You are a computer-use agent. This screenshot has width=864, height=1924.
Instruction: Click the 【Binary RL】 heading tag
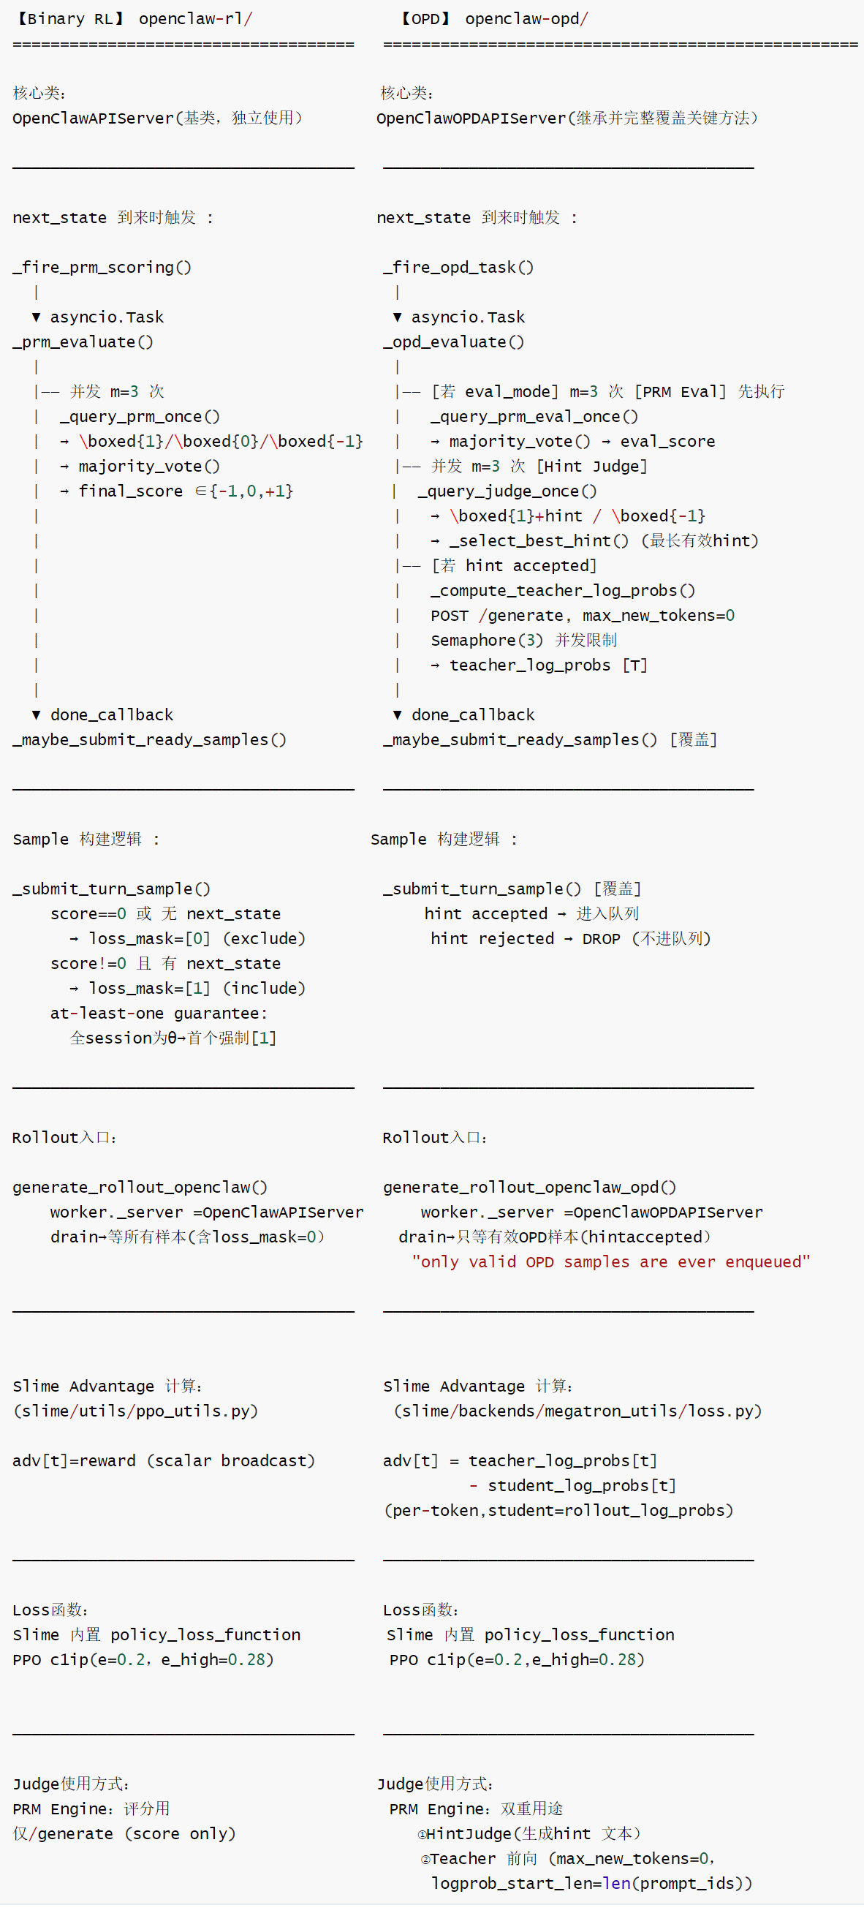pyautogui.click(x=69, y=19)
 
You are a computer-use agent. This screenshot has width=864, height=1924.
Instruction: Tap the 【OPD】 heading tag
pyautogui.click(x=425, y=19)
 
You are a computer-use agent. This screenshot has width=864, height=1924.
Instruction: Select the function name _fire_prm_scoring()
pyautogui.click(x=102, y=268)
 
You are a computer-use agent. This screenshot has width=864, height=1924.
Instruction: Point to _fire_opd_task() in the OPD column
pyautogui.click(x=458, y=268)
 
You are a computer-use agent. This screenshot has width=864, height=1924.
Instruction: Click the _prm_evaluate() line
pyautogui.click(x=83, y=342)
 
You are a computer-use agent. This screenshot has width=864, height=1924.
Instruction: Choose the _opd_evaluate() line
pyautogui.click(x=454, y=342)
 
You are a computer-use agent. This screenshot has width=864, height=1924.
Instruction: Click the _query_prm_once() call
pyautogui.click(x=140, y=417)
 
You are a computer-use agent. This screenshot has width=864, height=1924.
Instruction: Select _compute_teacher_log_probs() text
pyautogui.click(x=563, y=591)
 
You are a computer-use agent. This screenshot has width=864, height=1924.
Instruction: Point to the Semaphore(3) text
pyautogui.click(x=487, y=640)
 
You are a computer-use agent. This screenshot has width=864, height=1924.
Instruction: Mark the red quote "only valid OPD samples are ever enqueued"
pyautogui.click(x=611, y=1262)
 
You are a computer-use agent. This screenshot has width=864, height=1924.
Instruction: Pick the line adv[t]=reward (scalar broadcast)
pyautogui.click(x=164, y=1461)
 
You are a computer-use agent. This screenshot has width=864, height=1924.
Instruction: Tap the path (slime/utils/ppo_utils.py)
pyautogui.click(x=136, y=1411)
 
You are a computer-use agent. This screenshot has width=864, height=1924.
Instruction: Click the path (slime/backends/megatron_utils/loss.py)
pyautogui.click(x=578, y=1411)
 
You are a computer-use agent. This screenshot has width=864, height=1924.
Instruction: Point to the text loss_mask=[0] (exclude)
pyautogui.click(x=197, y=939)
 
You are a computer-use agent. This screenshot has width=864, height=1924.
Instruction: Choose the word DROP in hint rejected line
pyautogui.click(x=601, y=939)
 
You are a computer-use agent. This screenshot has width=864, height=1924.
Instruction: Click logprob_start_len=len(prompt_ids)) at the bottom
pyautogui.click(x=591, y=1884)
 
